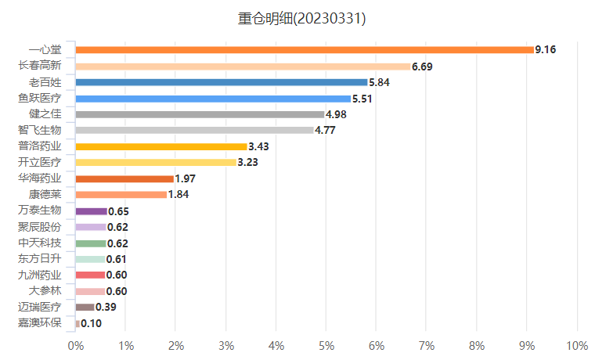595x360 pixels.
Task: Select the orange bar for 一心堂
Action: pyautogui.click(x=305, y=50)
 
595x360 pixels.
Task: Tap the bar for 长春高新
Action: pyautogui.click(x=243, y=67)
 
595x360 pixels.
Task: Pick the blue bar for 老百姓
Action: pyautogui.click(x=222, y=82)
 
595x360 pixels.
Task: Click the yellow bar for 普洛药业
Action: pyautogui.click(x=161, y=146)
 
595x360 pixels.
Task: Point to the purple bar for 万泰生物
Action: pyautogui.click(x=91, y=211)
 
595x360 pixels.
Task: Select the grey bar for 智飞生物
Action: pyautogui.click(x=195, y=131)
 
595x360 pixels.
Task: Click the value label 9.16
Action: pyautogui.click(x=546, y=50)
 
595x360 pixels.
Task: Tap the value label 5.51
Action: pyautogui.click(x=363, y=99)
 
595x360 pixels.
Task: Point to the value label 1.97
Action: pyautogui.click(x=186, y=179)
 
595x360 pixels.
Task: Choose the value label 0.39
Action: pyautogui.click(x=106, y=308)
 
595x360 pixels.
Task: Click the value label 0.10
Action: pyautogui.click(x=91, y=323)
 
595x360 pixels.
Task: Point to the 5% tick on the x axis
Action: pyautogui.click(x=326, y=345)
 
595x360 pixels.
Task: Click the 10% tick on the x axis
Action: pyautogui.click(x=576, y=345)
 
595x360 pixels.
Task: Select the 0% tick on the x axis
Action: pyautogui.click(x=76, y=345)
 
